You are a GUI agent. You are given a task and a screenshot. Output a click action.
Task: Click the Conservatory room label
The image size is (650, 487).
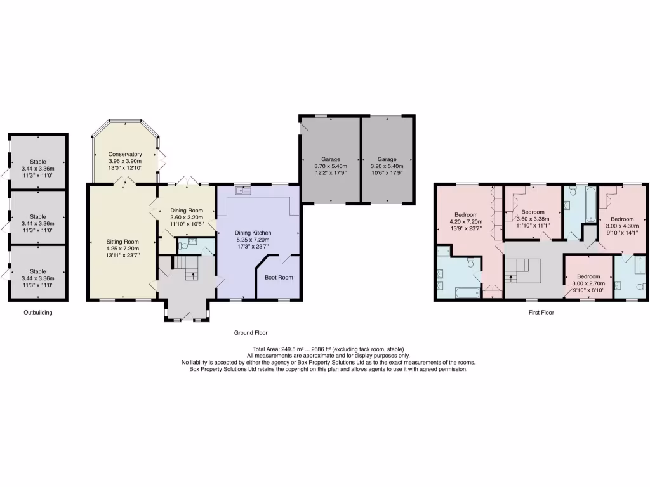[x=124, y=154]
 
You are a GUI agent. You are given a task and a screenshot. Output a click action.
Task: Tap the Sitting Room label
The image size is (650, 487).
[x=123, y=242]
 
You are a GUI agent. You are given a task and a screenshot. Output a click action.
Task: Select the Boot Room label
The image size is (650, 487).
[x=279, y=277]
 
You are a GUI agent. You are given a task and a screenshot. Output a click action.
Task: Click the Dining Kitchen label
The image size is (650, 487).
[x=253, y=233]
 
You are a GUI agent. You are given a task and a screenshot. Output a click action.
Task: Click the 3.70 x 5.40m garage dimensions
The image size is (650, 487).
[x=331, y=166]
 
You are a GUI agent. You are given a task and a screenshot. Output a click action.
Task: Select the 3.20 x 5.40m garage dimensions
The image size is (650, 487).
[x=387, y=166]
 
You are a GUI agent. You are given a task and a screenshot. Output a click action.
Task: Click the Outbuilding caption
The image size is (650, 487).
[x=38, y=313]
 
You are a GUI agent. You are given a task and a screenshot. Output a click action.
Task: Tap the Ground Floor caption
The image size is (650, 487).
[x=251, y=332]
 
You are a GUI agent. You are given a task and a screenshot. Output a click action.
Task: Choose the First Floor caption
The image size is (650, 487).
[x=542, y=313]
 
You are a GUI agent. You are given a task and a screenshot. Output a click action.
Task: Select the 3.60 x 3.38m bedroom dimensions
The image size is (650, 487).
[x=533, y=218]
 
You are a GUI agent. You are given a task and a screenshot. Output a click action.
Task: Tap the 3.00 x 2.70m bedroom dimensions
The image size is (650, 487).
[x=588, y=283]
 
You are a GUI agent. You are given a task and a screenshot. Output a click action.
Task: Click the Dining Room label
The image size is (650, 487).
[x=187, y=211]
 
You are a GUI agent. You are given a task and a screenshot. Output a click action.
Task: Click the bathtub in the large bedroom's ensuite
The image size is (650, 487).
[x=468, y=292]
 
